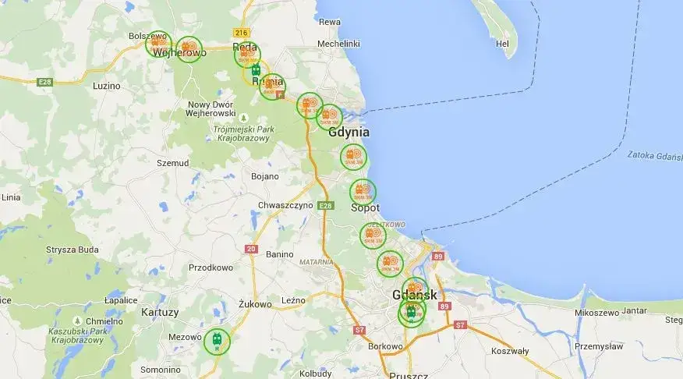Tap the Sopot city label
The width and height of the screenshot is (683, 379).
pos(365,208)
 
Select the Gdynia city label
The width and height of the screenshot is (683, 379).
pos(349,133)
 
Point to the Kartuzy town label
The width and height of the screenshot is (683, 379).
pos(159,312)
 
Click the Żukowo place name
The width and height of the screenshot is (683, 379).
pos(255,303)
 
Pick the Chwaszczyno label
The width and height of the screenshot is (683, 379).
pos(285,205)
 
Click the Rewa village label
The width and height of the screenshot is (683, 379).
pos(330,22)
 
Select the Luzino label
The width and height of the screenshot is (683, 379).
pos(106,86)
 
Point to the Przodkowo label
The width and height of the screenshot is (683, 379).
pos(211,267)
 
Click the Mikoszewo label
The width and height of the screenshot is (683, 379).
pos(596,312)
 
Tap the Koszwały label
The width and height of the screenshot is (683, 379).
pos(510,351)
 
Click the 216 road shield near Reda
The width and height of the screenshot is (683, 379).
pos(241,32)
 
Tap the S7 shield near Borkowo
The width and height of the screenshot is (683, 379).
pos(359,330)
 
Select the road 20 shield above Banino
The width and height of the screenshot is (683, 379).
pos(250,249)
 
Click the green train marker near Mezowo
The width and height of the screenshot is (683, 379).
pos(217,341)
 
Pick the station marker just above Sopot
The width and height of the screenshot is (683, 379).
pos(363,191)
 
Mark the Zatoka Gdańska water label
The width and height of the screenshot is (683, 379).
pos(654,154)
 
